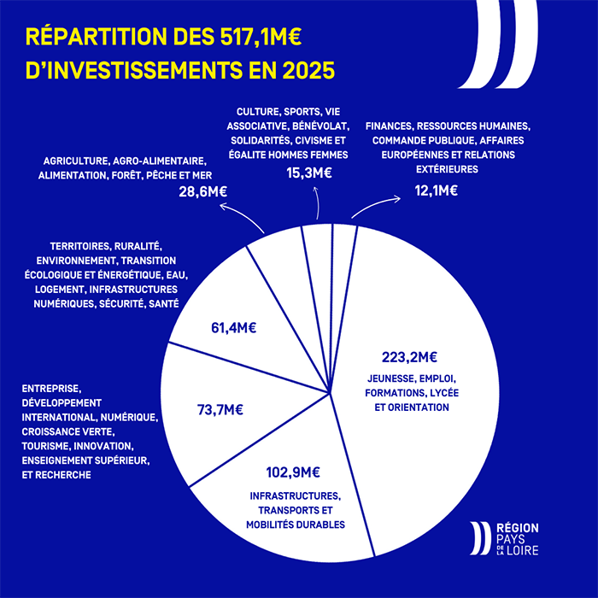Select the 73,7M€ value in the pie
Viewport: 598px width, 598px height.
pyautogui.click(x=220, y=410)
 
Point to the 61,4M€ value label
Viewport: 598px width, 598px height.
pyautogui.click(x=234, y=326)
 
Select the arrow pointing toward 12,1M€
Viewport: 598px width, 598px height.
pyautogui.click(x=376, y=206)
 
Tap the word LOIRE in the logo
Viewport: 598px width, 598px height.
pyautogui.click(x=518, y=554)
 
